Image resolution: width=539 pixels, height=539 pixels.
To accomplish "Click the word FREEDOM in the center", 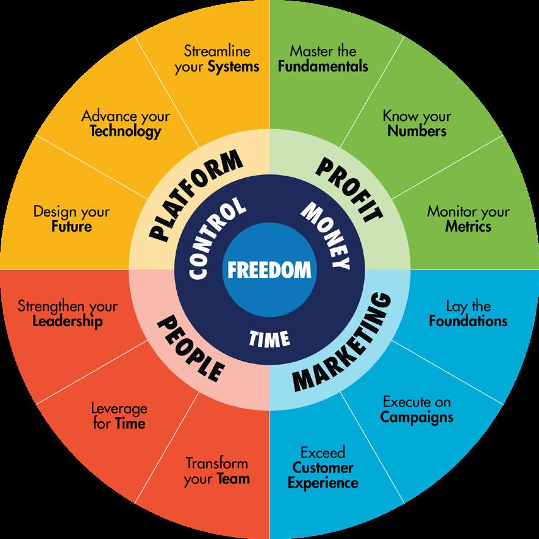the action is click(269, 269).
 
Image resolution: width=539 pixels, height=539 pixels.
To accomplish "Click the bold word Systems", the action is click(234, 66).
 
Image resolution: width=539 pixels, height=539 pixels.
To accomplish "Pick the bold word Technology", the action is click(126, 130).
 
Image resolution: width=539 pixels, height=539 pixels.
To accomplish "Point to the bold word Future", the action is click(71, 227).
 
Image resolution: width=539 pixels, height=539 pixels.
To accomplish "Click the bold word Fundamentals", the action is click(323, 65).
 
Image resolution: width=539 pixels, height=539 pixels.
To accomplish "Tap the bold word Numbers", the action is click(417, 130).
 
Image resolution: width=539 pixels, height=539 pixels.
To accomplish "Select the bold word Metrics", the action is click(468, 227).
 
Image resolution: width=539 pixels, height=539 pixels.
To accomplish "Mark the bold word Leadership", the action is click(68, 321).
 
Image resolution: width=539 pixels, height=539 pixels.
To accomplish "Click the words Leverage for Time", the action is click(120, 416).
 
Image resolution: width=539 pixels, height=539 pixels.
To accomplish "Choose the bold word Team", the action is click(234, 479).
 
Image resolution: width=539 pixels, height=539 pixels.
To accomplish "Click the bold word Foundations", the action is click(468, 321).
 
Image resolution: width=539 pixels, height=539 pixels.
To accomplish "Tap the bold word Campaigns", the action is click(417, 417).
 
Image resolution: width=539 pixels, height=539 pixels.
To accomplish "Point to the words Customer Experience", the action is click(323, 476).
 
